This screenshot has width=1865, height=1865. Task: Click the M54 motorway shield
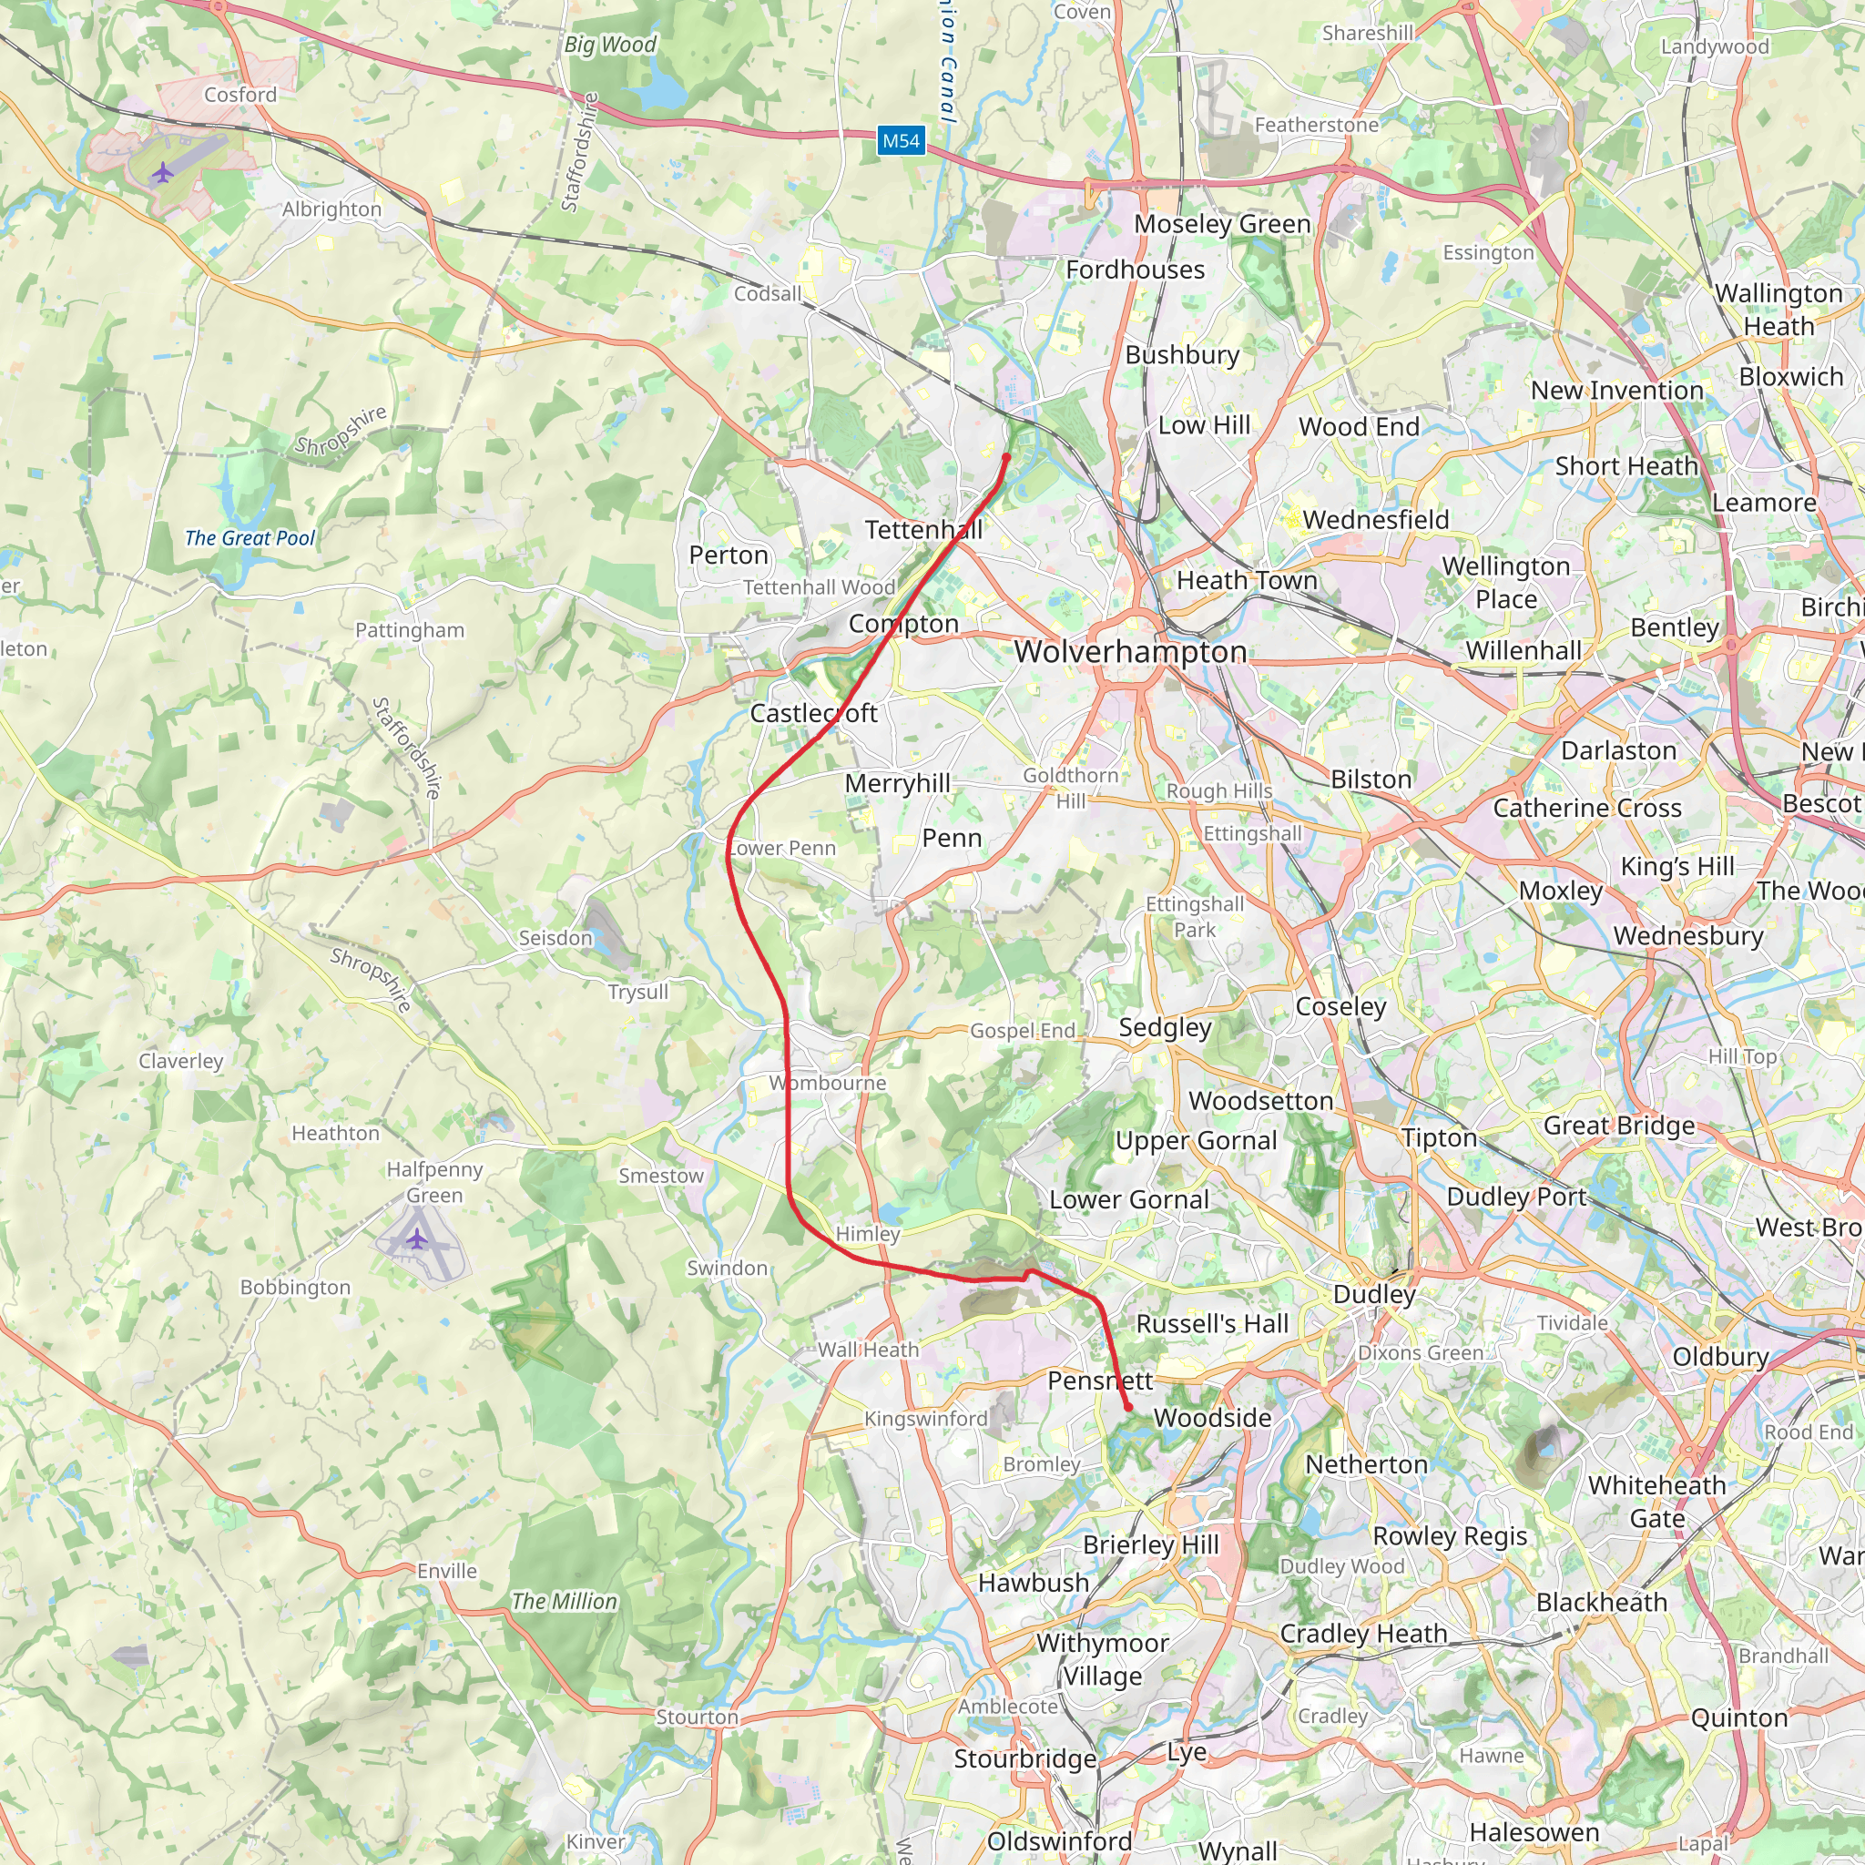click(901, 141)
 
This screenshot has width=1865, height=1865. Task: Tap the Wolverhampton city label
click(1129, 652)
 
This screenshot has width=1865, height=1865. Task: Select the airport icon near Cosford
click(163, 174)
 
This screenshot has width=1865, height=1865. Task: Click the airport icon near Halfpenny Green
click(417, 1238)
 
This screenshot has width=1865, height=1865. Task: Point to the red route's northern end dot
click(1007, 456)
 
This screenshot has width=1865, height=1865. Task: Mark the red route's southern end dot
click(1128, 1408)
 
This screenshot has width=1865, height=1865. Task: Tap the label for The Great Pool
click(250, 539)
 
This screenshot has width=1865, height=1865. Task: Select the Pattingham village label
click(409, 630)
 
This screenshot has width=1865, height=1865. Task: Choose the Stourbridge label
click(1025, 1758)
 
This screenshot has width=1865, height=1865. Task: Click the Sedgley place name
click(1164, 1027)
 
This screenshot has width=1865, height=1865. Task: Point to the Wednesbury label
click(1688, 935)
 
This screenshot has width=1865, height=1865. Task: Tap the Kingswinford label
click(926, 1418)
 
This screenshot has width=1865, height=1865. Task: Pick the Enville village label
click(447, 1571)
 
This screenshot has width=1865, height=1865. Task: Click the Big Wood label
click(609, 45)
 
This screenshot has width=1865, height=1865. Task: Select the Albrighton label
click(331, 209)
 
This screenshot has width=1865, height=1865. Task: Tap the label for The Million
click(564, 1602)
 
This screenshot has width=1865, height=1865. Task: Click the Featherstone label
click(1317, 125)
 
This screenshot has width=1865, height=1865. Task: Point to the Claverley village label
click(180, 1061)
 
